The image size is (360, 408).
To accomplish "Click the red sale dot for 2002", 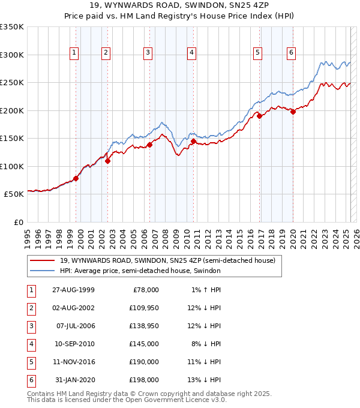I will (108, 161).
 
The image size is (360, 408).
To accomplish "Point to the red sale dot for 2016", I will (260, 116).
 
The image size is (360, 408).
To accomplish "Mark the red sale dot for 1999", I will (76, 178).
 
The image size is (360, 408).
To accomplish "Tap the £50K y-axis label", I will (14, 194).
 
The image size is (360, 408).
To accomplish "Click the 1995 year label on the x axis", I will (28, 234).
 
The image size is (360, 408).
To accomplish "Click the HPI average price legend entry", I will (140, 271).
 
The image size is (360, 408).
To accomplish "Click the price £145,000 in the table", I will (145, 344).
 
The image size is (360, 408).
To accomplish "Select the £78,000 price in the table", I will (146, 290).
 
